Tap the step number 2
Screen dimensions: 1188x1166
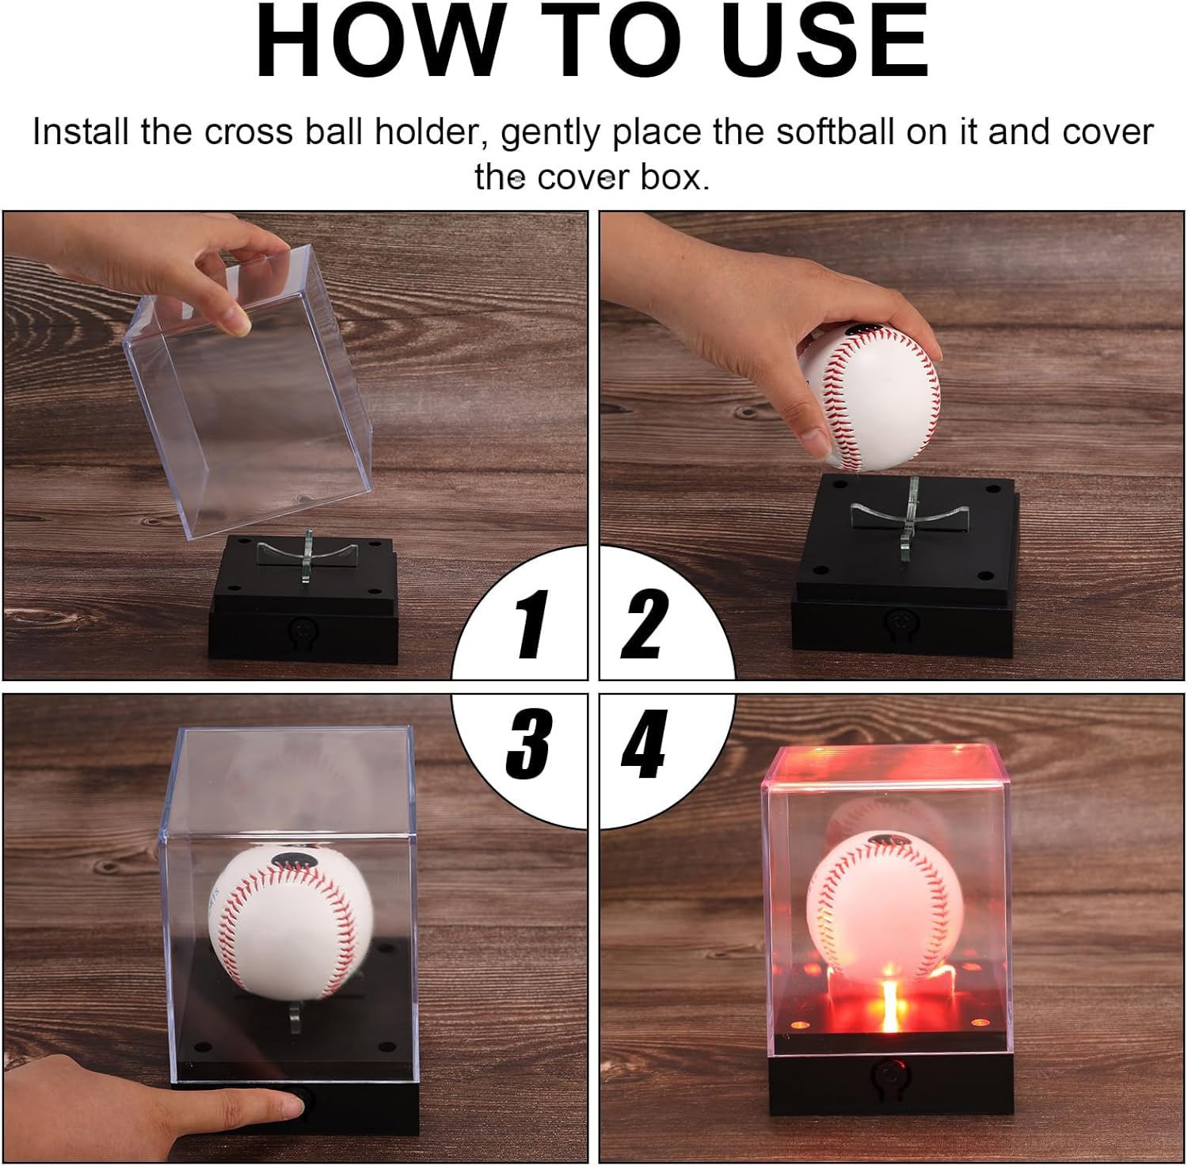tap(643, 624)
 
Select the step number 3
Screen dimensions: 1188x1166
tap(528, 744)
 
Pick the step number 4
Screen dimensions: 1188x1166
tap(643, 744)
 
